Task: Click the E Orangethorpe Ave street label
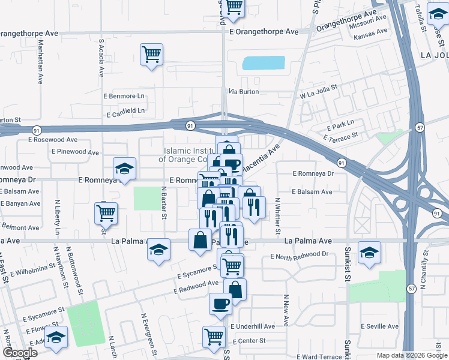(264, 31)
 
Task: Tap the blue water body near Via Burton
(264, 63)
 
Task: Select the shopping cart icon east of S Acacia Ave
(151, 54)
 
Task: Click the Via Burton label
(244, 92)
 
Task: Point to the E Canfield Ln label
(125, 111)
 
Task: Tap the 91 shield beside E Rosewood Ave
(37, 130)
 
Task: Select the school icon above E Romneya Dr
(125, 168)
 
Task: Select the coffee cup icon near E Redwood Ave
(220, 303)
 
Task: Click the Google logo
(19, 353)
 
